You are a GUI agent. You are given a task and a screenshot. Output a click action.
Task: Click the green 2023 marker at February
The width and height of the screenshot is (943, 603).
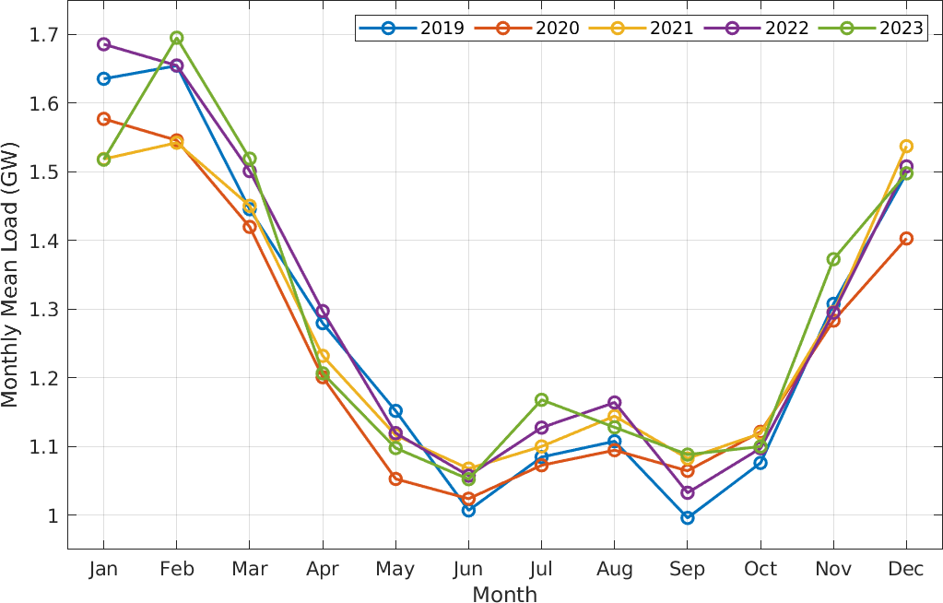tap(176, 38)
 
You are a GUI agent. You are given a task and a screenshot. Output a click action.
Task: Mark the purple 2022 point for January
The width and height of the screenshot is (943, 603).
tap(103, 44)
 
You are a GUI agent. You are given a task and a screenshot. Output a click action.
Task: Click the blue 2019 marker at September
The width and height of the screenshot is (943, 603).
tap(688, 517)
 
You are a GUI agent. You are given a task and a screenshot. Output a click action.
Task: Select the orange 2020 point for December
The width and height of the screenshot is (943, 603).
tap(906, 239)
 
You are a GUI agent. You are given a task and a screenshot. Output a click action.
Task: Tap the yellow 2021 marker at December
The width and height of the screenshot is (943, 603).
tap(906, 146)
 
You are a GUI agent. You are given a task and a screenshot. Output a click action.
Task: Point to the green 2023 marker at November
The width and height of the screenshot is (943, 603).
tap(833, 259)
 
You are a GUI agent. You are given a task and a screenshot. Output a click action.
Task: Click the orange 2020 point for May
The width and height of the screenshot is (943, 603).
tap(395, 479)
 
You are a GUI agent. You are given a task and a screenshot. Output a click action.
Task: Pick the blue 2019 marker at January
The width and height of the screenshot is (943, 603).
tap(103, 78)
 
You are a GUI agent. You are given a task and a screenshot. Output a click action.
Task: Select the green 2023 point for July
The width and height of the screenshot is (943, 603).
tap(541, 399)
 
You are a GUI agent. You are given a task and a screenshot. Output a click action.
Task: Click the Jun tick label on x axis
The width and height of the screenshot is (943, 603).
tap(468, 570)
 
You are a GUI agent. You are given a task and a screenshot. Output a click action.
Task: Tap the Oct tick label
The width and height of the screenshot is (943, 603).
tap(760, 570)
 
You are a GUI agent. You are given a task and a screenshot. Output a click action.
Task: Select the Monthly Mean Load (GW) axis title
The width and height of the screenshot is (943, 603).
tap(10, 275)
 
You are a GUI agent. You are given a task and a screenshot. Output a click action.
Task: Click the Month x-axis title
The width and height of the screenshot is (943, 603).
tap(504, 594)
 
